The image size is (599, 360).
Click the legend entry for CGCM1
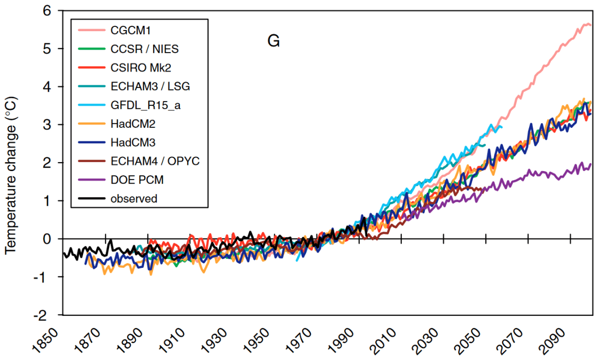[x=124, y=30]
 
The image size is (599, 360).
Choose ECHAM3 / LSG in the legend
[x=147, y=86]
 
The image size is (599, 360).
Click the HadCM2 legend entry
[x=129, y=124]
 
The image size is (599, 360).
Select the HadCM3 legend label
[x=129, y=143]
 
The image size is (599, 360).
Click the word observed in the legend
[x=134, y=198]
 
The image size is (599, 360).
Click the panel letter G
[x=273, y=42]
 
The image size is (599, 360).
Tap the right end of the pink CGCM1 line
[x=591, y=25]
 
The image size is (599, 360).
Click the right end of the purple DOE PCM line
[x=591, y=164]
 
